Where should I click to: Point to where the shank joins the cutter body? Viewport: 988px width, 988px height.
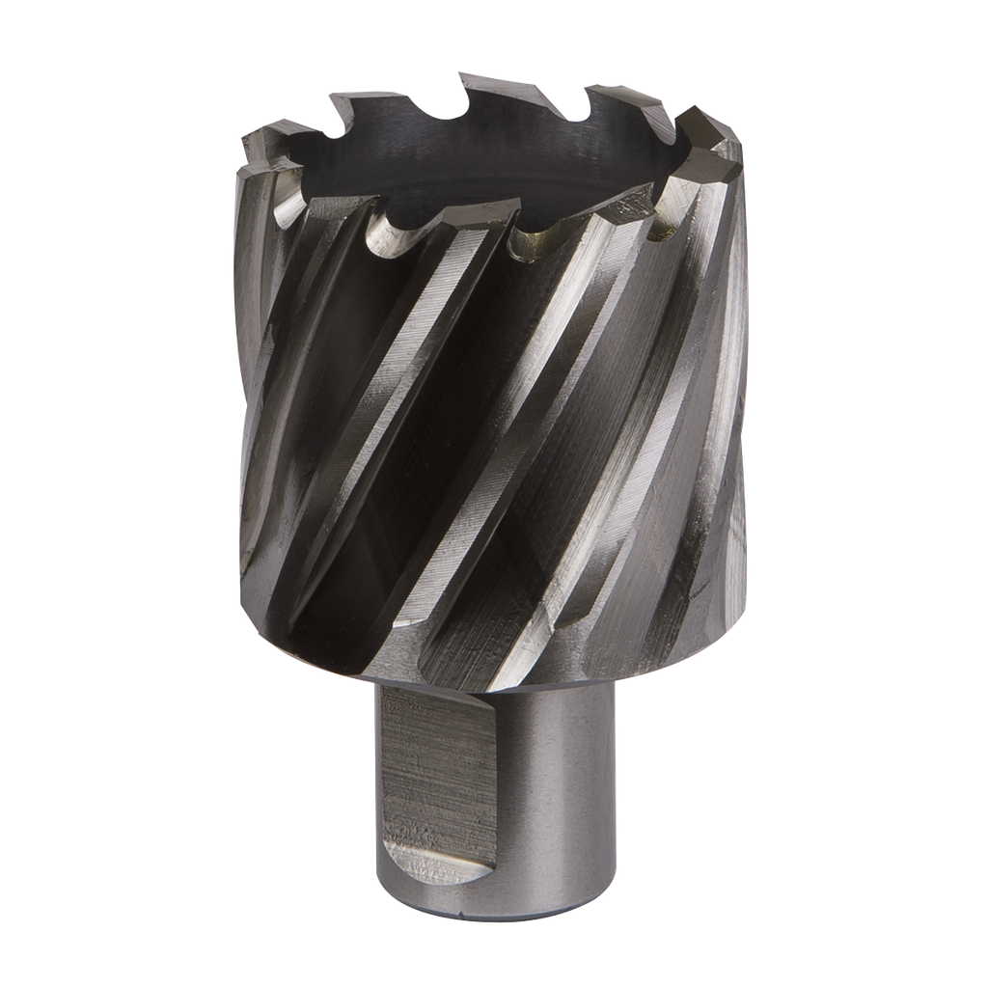(x=492, y=687)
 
